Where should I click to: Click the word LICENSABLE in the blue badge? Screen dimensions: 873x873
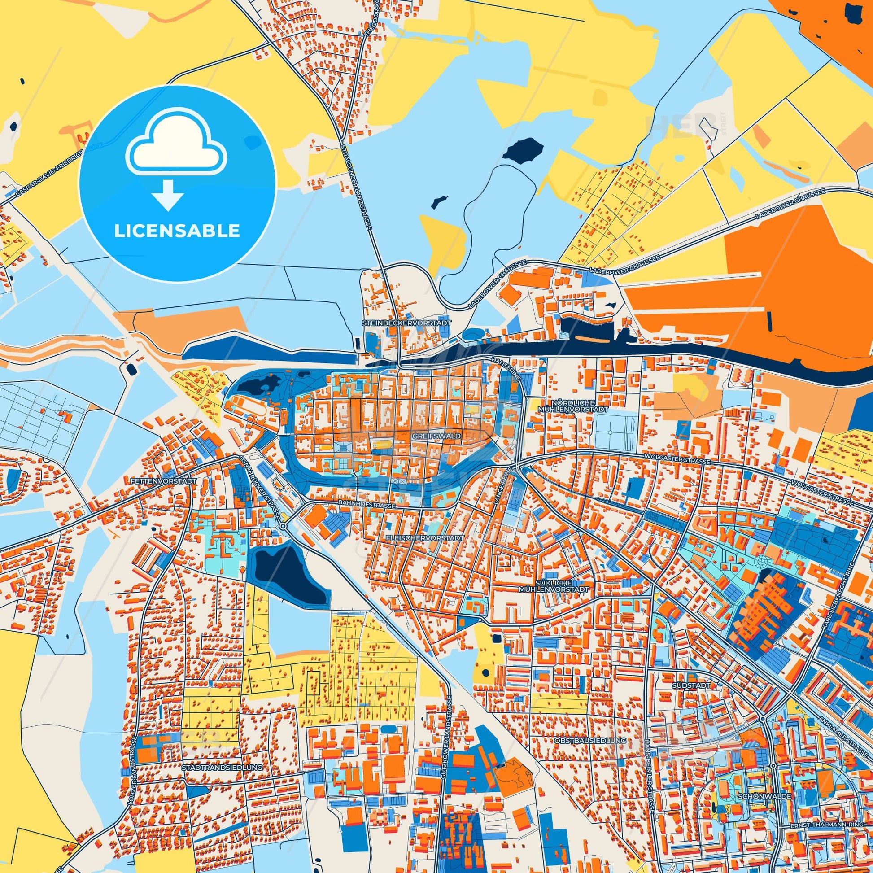pyautogui.click(x=177, y=231)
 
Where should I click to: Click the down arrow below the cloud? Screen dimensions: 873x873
pyautogui.click(x=168, y=194)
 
